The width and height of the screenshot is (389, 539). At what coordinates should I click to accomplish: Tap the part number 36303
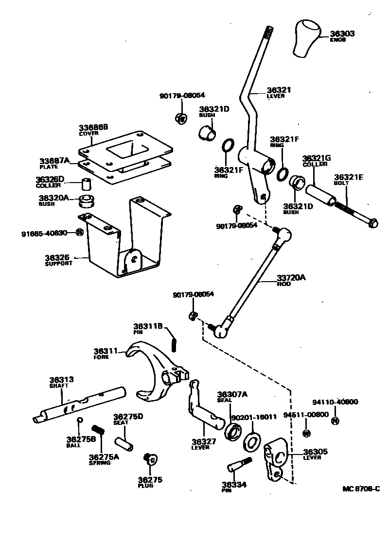point(342,34)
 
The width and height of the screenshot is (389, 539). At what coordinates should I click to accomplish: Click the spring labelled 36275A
point(99,431)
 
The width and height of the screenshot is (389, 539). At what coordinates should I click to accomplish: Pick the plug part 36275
point(149,458)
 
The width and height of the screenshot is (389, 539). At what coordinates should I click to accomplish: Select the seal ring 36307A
point(233,432)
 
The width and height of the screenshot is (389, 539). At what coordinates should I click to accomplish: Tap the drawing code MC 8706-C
point(360,489)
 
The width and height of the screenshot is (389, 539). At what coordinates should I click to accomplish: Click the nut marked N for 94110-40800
point(335,421)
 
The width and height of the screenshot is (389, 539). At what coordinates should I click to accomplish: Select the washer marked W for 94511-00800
point(306,433)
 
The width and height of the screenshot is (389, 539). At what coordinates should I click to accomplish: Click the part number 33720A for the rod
point(291,278)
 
